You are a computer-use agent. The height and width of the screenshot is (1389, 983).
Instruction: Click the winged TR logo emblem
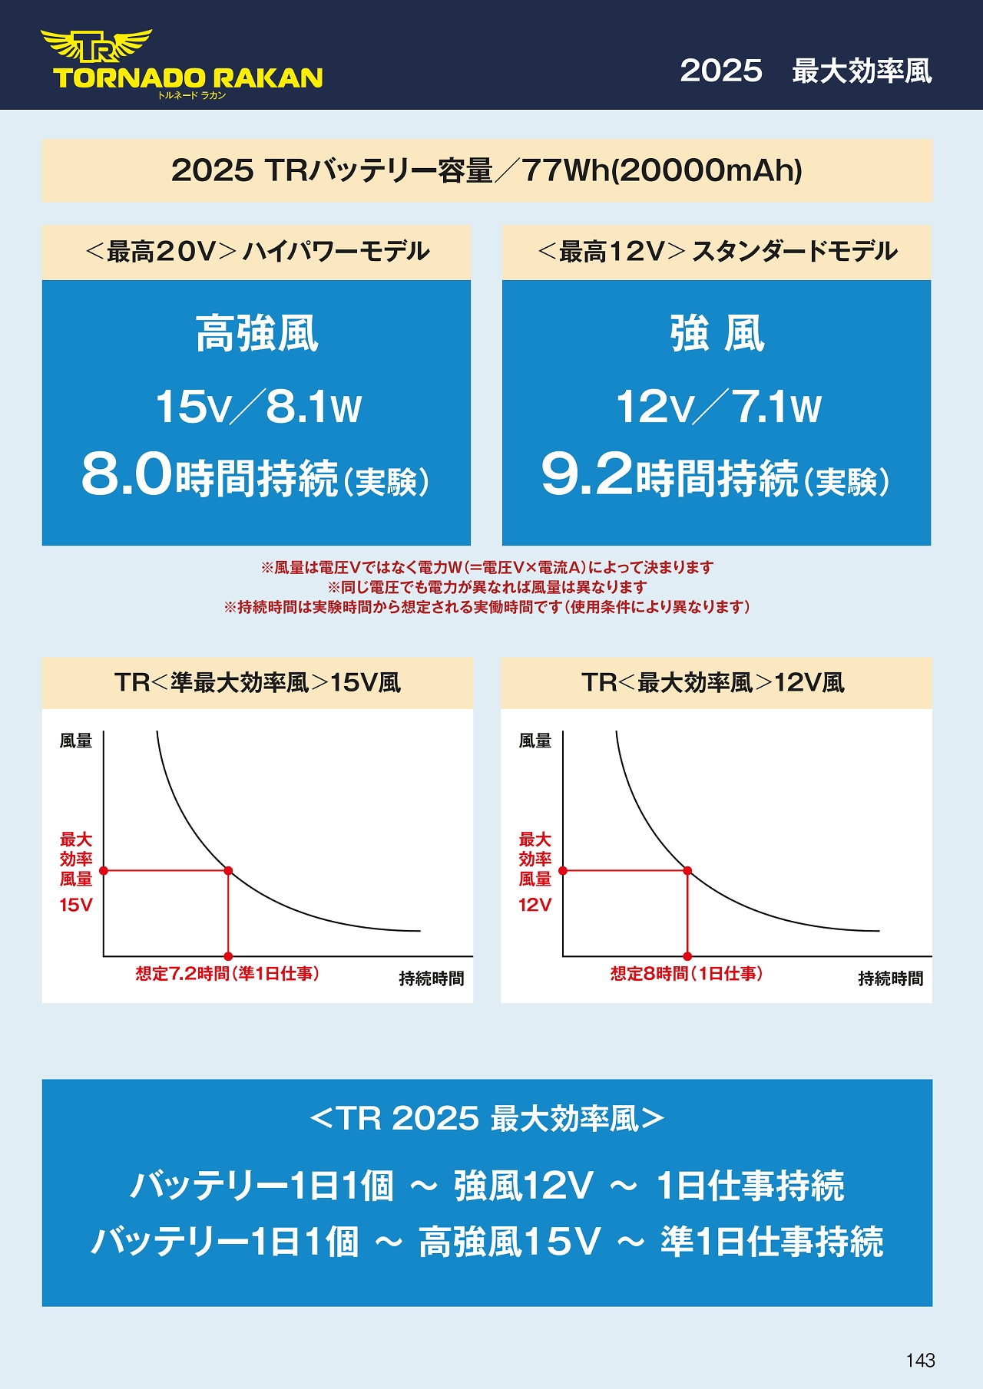[97, 47]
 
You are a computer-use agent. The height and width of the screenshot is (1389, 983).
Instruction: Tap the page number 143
[920, 1361]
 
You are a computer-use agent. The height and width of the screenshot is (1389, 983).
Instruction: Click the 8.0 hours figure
[127, 473]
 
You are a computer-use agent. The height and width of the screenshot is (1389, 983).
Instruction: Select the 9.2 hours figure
[587, 473]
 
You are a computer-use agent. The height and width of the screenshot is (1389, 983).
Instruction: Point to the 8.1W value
[313, 407]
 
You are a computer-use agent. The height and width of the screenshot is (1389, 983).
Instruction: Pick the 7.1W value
[776, 407]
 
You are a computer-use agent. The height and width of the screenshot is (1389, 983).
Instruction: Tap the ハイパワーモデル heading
[336, 252]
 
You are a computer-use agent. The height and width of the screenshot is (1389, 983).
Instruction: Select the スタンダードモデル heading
[794, 252]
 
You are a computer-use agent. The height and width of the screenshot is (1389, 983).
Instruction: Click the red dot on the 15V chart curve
[228, 871]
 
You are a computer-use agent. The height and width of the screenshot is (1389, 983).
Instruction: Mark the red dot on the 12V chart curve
[687, 871]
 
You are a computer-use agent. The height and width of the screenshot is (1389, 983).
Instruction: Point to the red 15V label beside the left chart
[76, 906]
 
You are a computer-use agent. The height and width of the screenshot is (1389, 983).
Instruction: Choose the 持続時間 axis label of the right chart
[890, 978]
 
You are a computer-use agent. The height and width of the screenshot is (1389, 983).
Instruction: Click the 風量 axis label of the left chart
[76, 741]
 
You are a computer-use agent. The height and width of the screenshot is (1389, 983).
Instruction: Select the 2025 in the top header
[721, 71]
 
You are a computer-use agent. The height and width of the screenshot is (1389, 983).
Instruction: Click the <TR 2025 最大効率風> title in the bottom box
[487, 1119]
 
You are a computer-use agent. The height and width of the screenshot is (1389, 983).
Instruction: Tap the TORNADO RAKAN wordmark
[188, 78]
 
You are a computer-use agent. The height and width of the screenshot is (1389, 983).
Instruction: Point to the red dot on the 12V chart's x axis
[687, 956]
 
